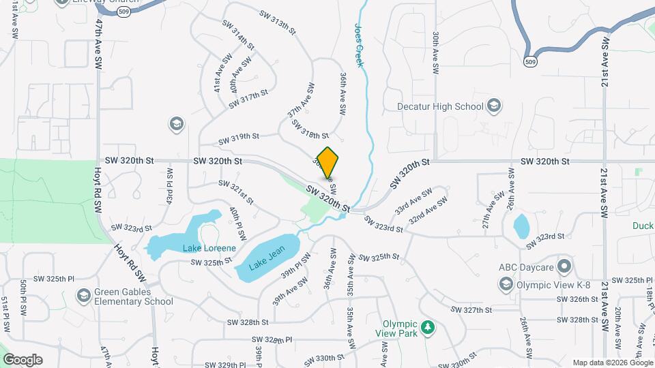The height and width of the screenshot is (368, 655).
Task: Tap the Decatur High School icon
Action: point(495,106)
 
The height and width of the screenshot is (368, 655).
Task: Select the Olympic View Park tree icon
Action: point(428,328)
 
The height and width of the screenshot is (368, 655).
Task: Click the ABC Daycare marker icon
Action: point(564,266)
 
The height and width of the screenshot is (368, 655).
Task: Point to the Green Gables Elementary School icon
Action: point(84,295)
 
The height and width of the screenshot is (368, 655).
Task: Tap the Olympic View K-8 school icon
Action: point(506,283)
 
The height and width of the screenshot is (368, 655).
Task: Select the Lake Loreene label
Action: point(209,248)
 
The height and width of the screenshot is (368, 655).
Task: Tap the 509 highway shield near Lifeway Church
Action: point(123,13)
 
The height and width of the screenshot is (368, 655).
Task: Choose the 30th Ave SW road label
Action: point(435,52)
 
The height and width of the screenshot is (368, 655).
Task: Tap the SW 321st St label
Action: point(236,192)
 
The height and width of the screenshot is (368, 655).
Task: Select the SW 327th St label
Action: point(471,309)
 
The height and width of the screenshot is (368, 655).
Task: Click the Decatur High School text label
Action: point(441,106)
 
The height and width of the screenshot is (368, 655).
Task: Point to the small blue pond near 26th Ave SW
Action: point(521,226)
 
